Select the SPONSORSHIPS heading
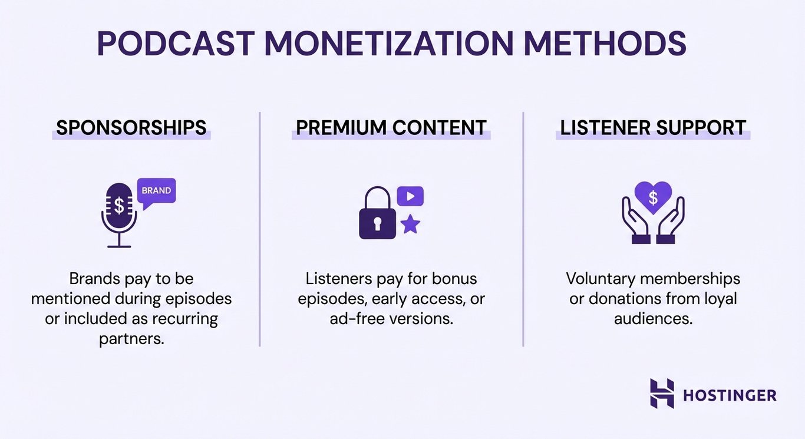[x=131, y=127]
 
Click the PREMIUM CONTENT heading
[x=391, y=127]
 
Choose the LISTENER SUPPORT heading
[x=653, y=127]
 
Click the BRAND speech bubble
[x=156, y=192]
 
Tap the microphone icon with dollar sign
[x=119, y=212]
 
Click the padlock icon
[x=377, y=215]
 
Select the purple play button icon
[x=410, y=196]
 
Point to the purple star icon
[x=410, y=224]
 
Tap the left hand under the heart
[x=635, y=223]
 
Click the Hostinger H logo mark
[x=662, y=393]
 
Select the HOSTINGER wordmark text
[x=730, y=395]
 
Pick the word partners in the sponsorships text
[x=131, y=339]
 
